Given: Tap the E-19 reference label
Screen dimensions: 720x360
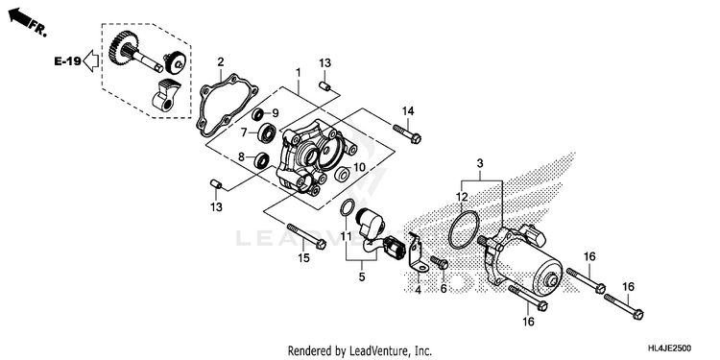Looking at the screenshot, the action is click(67, 60).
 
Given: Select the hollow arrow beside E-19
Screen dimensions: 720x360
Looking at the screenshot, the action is click(91, 61).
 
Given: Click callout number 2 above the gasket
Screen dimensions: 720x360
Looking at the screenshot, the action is click(221, 61).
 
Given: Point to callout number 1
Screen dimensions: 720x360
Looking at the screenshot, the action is click(298, 73).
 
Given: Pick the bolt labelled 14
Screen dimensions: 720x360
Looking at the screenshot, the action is click(407, 132).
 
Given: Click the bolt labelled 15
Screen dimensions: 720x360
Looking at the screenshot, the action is click(307, 237).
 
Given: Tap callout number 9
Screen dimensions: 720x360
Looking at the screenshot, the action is click(276, 113).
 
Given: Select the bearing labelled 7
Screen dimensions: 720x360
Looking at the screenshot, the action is click(267, 133).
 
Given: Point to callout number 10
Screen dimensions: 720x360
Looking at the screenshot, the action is click(359, 168).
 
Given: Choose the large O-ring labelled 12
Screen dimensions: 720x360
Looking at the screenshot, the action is click(464, 229).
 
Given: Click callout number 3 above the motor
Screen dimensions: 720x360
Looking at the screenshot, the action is click(480, 163).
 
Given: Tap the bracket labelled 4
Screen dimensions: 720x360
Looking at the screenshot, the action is click(416, 253).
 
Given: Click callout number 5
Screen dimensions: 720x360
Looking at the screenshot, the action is click(362, 276).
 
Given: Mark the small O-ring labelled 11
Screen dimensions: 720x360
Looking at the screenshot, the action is click(347, 207).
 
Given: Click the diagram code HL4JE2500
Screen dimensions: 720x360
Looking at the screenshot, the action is click(669, 348).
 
